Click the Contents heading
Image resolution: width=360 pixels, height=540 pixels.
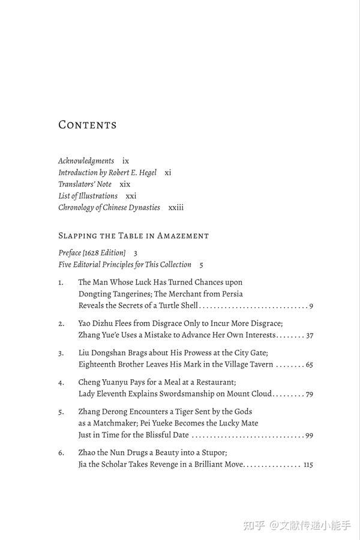(x=87, y=125)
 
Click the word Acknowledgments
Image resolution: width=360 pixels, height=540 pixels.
(x=86, y=161)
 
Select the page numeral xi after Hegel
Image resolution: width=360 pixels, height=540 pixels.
(x=168, y=172)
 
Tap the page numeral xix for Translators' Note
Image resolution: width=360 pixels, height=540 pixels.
(x=125, y=184)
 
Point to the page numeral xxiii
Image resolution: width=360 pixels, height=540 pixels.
(x=176, y=208)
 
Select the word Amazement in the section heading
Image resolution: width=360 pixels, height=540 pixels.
(x=183, y=236)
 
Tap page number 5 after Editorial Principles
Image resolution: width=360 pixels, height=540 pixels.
(x=202, y=265)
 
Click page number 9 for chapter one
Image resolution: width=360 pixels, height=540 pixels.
(x=311, y=306)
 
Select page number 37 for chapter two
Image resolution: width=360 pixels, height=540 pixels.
(x=309, y=335)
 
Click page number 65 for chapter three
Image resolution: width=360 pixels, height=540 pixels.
(x=309, y=364)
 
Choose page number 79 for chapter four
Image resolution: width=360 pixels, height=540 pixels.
(x=309, y=394)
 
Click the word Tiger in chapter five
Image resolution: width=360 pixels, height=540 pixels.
(x=191, y=411)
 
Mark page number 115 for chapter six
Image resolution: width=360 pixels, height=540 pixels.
(x=308, y=464)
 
